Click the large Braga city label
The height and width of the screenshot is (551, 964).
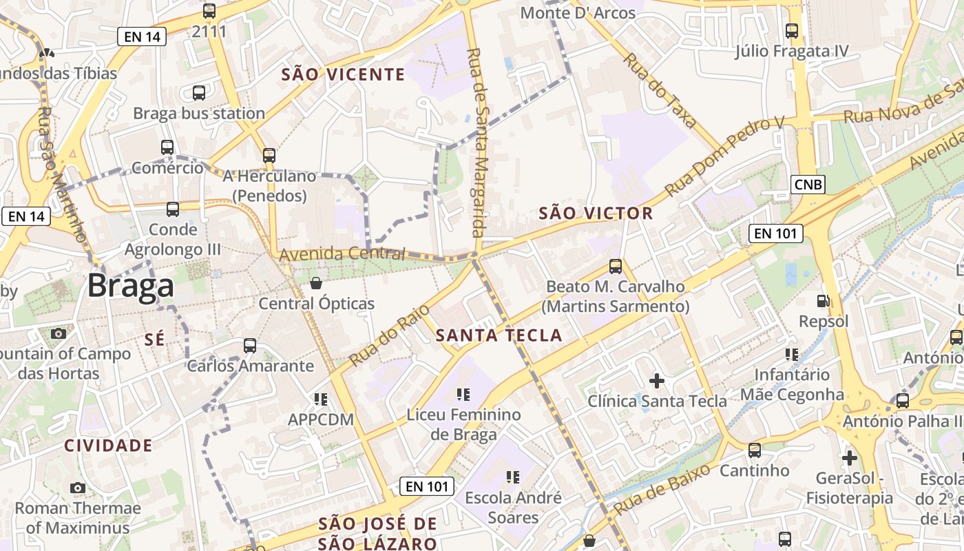(x=131, y=285)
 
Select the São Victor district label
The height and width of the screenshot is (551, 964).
(x=596, y=213)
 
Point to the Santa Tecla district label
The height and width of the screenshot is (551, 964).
(x=499, y=335)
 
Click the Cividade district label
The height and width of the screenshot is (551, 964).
(x=108, y=445)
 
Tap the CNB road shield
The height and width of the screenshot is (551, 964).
(x=808, y=184)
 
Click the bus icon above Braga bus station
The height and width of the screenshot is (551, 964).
(x=199, y=92)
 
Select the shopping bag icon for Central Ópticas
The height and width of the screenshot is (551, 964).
(x=316, y=282)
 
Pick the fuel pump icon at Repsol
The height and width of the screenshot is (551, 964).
(x=823, y=300)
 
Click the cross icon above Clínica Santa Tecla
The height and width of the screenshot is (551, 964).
(x=657, y=380)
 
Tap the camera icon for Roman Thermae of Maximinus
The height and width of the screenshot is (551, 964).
(x=78, y=488)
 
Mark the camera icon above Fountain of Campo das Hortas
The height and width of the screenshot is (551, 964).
(x=59, y=333)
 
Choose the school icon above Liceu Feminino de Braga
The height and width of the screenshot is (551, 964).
(x=463, y=394)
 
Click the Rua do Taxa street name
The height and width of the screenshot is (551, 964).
(x=661, y=90)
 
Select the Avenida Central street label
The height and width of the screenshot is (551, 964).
(x=342, y=254)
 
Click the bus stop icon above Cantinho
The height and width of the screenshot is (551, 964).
(x=755, y=450)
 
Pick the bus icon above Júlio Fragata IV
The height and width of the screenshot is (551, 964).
(x=792, y=30)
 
